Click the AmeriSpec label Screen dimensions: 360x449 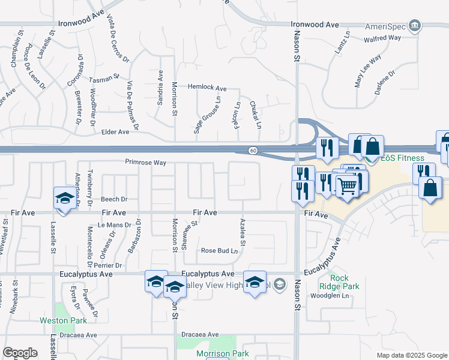tap(384, 26)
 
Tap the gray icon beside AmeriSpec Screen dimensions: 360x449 tap(414, 25)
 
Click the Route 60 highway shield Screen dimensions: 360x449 tap(254, 149)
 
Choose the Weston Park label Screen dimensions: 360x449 tap(72, 320)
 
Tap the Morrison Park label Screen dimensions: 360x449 tap(223, 353)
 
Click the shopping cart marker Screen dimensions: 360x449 tap(346, 187)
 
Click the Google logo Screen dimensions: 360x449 tap(20, 353)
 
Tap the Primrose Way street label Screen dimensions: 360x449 tap(145, 162)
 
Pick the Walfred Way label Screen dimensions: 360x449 tap(382, 38)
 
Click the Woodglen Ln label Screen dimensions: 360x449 tap(329, 295)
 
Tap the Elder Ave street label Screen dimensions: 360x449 tap(116, 131)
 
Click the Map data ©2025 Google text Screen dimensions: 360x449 tap(411, 355)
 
